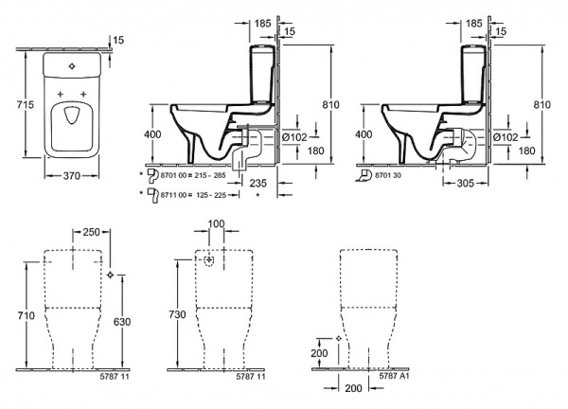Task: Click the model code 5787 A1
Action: [x=393, y=377]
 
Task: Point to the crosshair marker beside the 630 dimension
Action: [x=112, y=275]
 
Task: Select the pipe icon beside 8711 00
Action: [x=149, y=194]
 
